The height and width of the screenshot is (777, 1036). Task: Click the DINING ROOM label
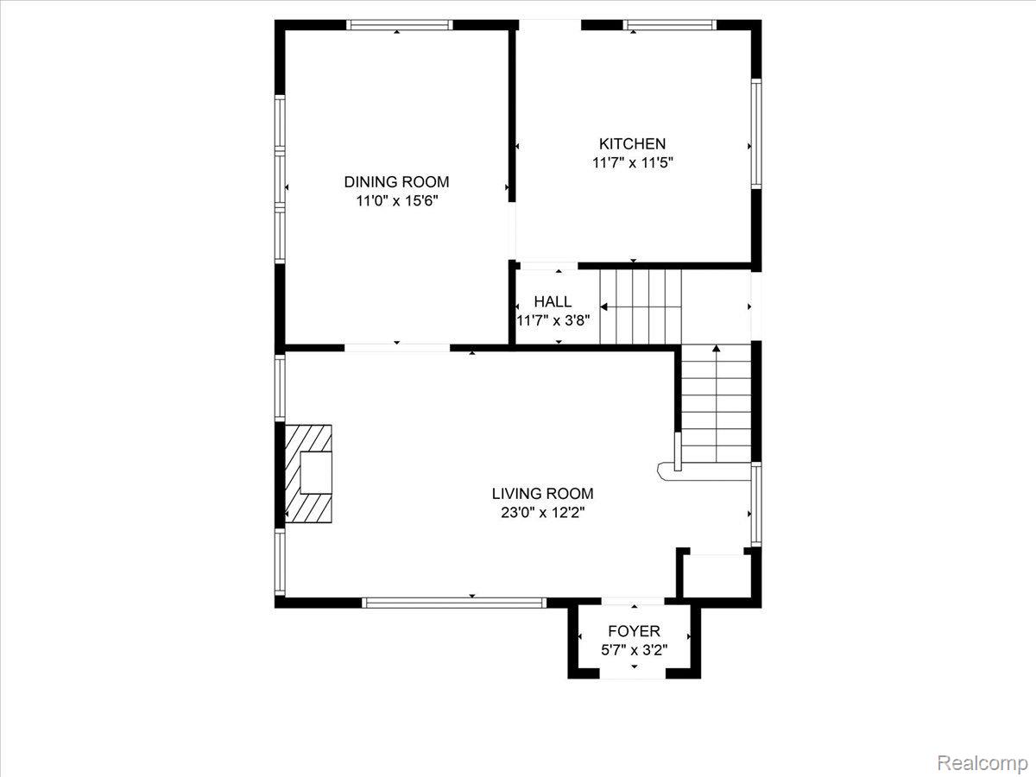coord(396,181)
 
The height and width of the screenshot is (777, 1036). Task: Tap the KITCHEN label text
coord(633,143)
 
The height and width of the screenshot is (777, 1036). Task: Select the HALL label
coord(553,301)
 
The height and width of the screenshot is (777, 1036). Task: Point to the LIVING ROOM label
coord(543,494)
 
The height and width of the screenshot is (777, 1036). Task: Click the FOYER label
coord(634,631)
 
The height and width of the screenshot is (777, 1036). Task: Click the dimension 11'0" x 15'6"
coord(397,201)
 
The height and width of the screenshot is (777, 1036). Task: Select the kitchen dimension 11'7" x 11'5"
coord(633,163)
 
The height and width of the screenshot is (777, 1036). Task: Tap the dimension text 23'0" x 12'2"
coord(543,512)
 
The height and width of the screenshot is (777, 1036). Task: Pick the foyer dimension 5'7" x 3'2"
coord(634,651)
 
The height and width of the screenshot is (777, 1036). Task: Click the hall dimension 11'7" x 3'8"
coord(553,321)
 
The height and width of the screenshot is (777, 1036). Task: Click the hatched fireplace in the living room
coord(308,474)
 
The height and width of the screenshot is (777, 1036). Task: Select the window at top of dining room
coord(400,25)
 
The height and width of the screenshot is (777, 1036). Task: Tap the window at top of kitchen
coord(669,25)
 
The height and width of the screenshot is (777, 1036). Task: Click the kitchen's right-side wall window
coord(756,134)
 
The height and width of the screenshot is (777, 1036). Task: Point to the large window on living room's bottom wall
coord(454,603)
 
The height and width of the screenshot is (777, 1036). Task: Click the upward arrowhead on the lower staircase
coord(716,348)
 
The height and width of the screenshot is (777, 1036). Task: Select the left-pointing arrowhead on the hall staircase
coord(603,307)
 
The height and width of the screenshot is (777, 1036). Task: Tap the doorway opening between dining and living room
coord(397,348)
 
